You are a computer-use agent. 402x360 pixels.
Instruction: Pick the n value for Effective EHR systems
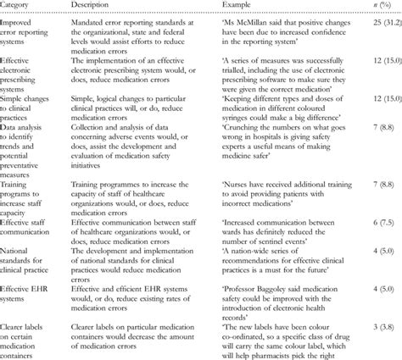pyautogui.click(x=379, y=292)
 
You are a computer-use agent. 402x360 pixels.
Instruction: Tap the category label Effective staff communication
pyautogui.click(x=30, y=226)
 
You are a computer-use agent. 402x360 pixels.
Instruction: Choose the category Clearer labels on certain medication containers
pyautogui.click(x=31, y=338)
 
